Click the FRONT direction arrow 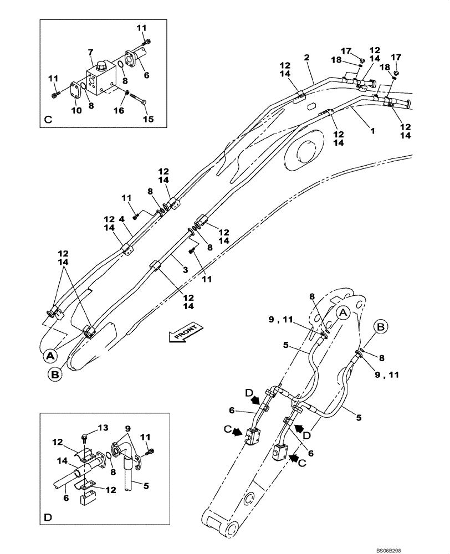[183, 336]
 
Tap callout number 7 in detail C [91, 52]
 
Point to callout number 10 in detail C [76, 110]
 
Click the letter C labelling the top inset [48, 119]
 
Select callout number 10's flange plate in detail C [76, 92]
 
